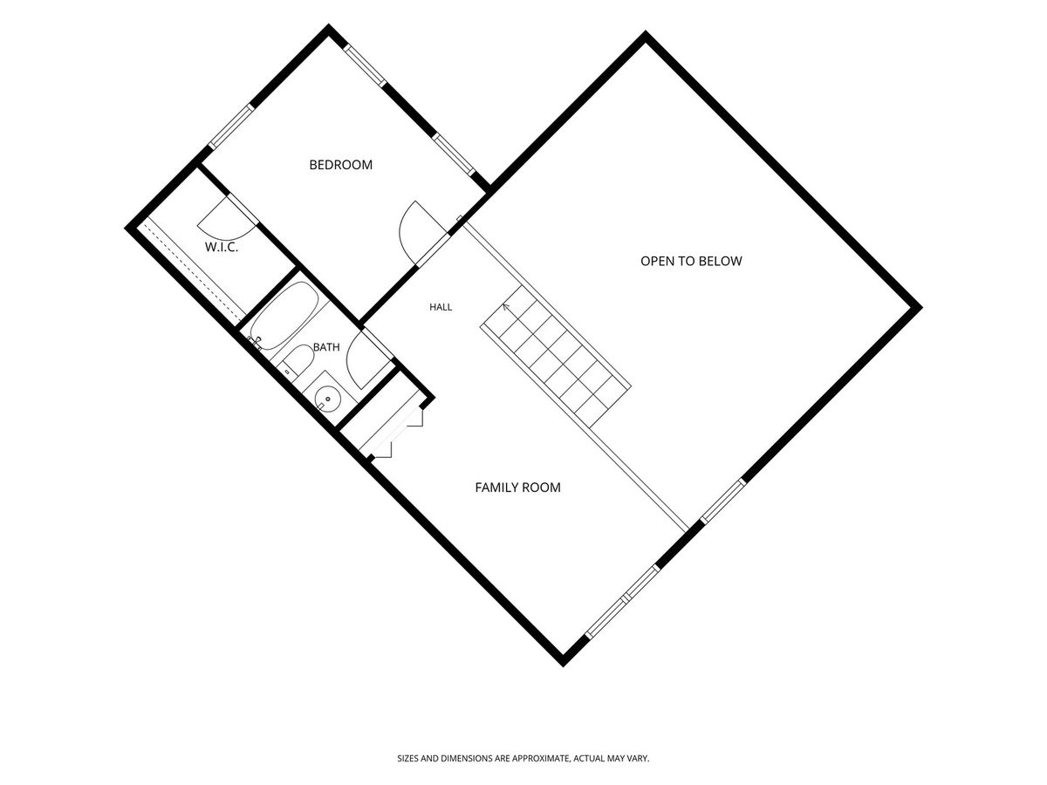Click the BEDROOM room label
point(340,165)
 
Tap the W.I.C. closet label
point(222,247)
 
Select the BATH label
point(326,347)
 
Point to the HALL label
point(441,307)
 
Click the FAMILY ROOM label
point(517,487)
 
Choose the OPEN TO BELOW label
point(691,261)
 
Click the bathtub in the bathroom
point(284,316)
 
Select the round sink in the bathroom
point(327,399)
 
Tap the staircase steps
point(556,358)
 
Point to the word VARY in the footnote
point(639,758)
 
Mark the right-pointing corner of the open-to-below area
point(921,308)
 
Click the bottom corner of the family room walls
point(563,666)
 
